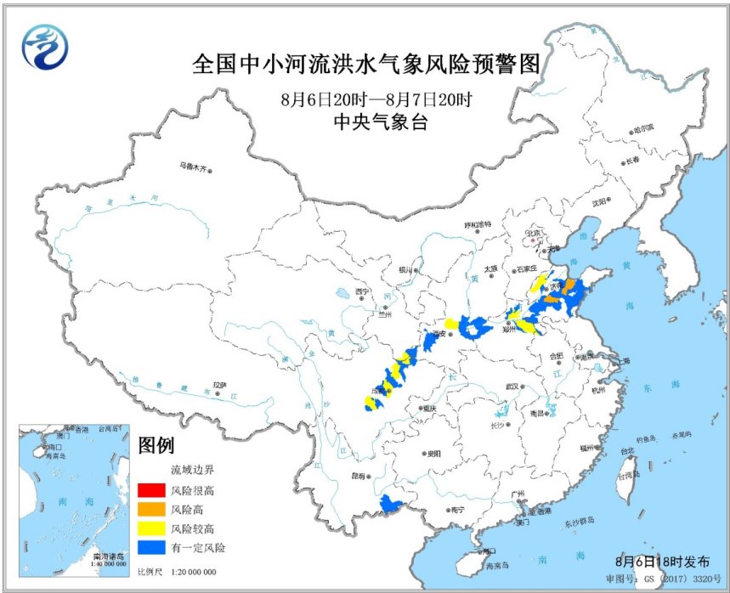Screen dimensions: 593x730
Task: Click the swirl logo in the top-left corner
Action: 44,48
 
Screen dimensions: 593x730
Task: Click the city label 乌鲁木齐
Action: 192,167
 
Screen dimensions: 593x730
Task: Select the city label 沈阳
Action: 600,202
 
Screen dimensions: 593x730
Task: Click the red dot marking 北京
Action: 534,241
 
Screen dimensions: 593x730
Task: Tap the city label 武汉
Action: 511,386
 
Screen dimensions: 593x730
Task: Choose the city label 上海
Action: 623,361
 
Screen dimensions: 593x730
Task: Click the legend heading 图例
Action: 156,444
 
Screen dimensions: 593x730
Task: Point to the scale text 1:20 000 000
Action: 192,572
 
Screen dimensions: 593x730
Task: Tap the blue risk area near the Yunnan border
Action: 390,505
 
